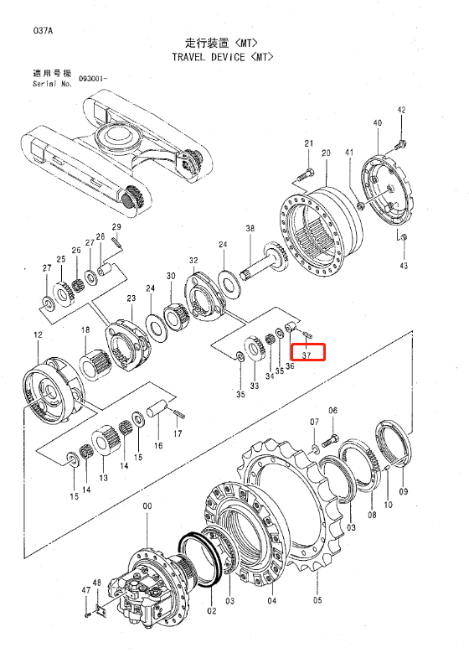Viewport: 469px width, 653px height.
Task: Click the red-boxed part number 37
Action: point(307,355)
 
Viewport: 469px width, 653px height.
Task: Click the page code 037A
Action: point(43,31)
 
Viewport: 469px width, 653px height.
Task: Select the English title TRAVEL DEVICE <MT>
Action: point(223,57)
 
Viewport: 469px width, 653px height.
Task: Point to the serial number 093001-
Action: point(93,78)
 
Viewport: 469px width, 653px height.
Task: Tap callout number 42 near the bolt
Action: point(401,110)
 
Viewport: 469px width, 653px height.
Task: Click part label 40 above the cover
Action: point(378,123)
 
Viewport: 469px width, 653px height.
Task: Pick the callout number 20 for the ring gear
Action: point(326,153)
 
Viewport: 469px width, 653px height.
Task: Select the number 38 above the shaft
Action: point(250,228)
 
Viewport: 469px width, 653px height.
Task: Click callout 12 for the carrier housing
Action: point(38,334)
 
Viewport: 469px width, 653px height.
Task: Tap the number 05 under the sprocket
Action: point(317,600)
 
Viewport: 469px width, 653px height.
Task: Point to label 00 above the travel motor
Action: point(147,506)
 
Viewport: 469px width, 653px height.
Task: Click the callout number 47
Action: point(85,589)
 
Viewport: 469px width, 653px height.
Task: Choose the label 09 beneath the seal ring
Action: point(403,491)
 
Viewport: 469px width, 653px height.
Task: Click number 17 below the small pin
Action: point(178,433)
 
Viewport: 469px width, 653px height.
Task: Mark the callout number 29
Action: point(116,226)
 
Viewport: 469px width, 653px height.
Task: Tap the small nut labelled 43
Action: point(403,237)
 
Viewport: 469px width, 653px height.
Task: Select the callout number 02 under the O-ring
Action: point(212,611)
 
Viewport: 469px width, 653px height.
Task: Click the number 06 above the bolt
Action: point(332,411)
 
